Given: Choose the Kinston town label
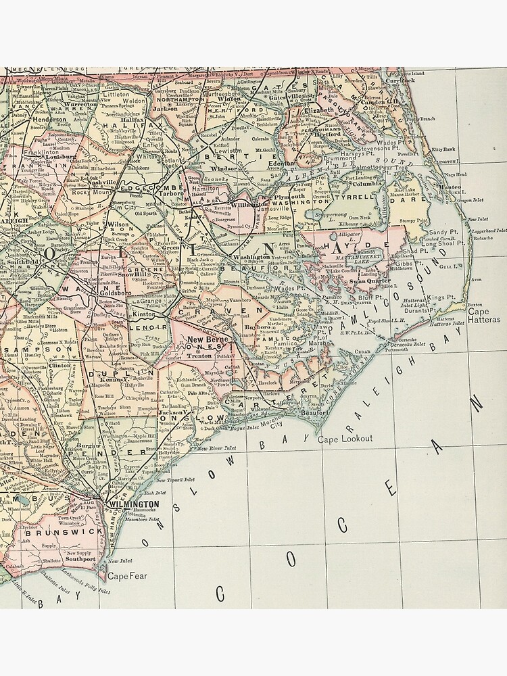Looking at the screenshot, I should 143,315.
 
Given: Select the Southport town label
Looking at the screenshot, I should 80,559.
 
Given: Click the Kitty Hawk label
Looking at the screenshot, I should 444,149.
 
